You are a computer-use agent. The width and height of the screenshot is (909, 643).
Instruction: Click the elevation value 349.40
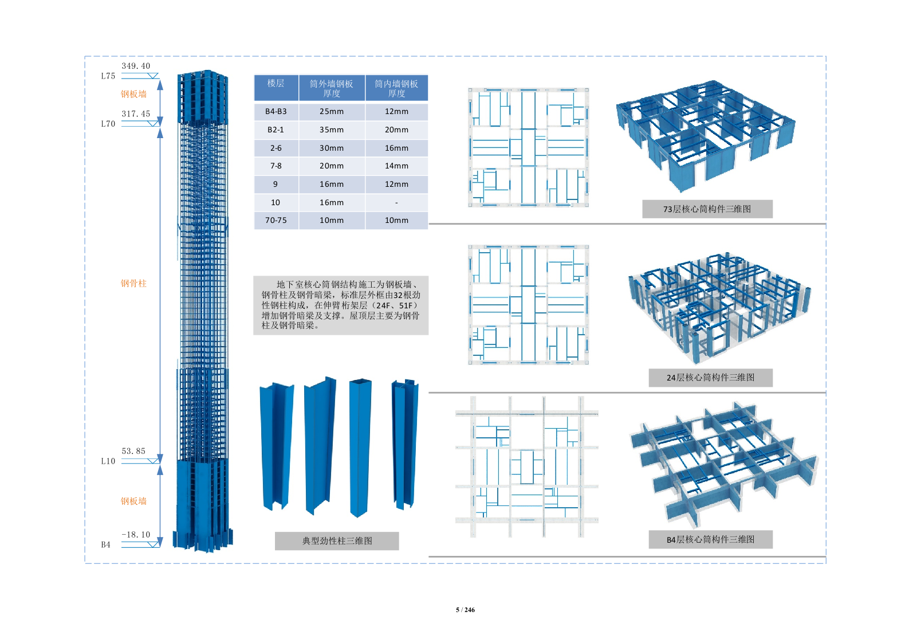pyautogui.click(x=136, y=66)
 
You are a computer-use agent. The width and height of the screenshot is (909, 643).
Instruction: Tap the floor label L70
pyautogui.click(x=108, y=124)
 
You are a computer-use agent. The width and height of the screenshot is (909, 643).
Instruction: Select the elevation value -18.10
pyautogui.click(x=136, y=535)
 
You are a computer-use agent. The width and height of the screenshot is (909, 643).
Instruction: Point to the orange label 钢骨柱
pyautogui.click(x=133, y=283)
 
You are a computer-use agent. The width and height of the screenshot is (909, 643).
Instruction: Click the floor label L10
pyautogui.click(x=108, y=461)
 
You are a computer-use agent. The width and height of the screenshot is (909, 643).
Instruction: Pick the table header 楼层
pyautogui.click(x=276, y=84)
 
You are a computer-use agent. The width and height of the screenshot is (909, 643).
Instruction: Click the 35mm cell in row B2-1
pyautogui.click(x=332, y=130)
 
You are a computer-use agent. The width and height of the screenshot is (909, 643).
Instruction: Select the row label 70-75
pyautogui.click(x=276, y=220)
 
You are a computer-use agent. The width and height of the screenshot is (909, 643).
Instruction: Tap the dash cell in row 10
pyautogui.click(x=396, y=202)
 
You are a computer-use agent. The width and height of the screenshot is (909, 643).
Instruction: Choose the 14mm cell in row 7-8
pyautogui.click(x=396, y=166)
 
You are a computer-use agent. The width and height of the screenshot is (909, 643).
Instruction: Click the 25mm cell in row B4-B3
pyautogui.click(x=332, y=112)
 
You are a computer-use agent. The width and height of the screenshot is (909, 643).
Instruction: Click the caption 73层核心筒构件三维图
pyautogui.click(x=707, y=209)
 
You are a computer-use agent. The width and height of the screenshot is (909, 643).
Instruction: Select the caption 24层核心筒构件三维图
pyautogui.click(x=710, y=378)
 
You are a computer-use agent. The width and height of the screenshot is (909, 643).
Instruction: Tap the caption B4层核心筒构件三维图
pyautogui.click(x=710, y=539)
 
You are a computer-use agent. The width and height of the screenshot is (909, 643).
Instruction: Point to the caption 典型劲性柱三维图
pyautogui.click(x=337, y=540)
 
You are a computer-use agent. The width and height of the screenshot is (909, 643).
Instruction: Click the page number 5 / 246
pyautogui.click(x=465, y=610)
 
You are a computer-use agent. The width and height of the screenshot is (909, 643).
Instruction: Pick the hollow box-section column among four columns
pyautogui.click(x=360, y=447)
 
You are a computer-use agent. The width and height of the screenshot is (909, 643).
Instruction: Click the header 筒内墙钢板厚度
pyautogui.click(x=396, y=88)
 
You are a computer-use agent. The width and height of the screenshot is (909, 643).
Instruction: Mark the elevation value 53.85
pyautogui.click(x=133, y=451)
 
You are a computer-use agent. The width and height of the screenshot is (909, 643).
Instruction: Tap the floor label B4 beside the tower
pyautogui.click(x=106, y=545)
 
